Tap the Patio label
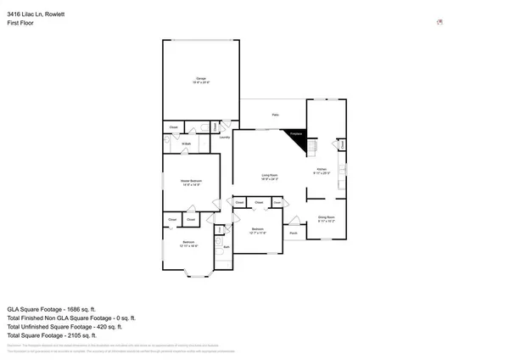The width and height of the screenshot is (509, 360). click(276, 115)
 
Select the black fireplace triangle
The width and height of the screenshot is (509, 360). click(296, 138)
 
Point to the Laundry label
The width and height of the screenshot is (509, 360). click(225, 138)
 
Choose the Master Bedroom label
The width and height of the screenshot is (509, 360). click(191, 182)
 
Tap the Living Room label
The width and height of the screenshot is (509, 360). click(271, 177)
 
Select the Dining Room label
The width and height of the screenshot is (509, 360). click(327, 218)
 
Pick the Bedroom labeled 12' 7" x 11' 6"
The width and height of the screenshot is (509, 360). click(259, 231)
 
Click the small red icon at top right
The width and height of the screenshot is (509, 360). click(439, 22)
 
